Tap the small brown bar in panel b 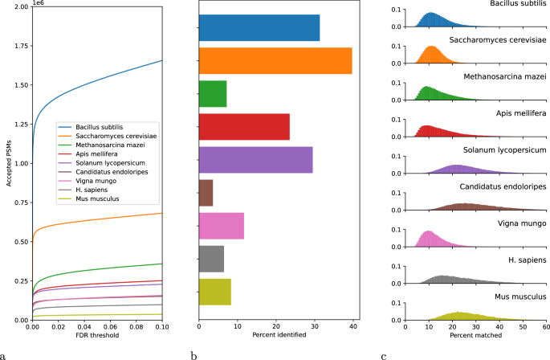[206, 193]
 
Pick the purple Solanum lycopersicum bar [255, 160]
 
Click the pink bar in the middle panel [221, 226]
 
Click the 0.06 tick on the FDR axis [110, 327]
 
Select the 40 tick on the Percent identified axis [352, 327]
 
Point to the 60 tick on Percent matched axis [545, 327]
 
